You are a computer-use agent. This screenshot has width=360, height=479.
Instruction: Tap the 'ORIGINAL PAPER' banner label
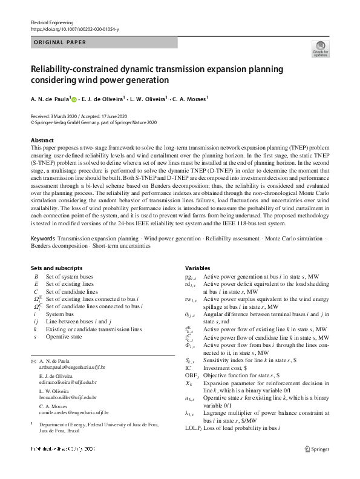[59, 42]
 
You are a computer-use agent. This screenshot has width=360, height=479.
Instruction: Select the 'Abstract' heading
[42, 140]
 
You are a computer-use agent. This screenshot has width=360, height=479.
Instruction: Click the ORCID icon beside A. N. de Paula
[74, 98]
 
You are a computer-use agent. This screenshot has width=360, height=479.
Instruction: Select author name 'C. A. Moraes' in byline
[190, 98]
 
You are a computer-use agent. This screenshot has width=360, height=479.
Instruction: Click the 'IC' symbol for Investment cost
[188, 367]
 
